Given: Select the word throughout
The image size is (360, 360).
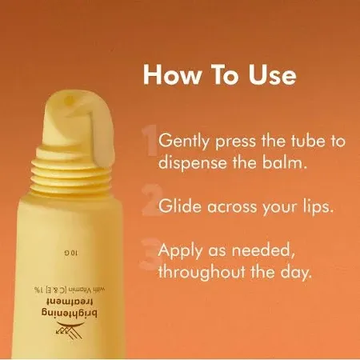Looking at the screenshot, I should pos(204,273).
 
